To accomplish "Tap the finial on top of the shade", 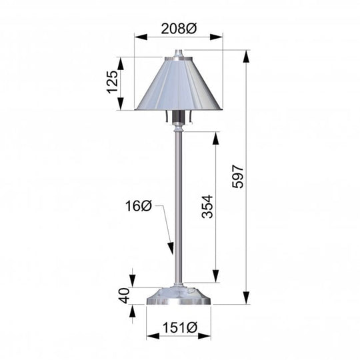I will [178, 53].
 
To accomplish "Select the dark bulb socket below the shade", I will [178, 119].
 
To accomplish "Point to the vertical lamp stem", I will [178, 200].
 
